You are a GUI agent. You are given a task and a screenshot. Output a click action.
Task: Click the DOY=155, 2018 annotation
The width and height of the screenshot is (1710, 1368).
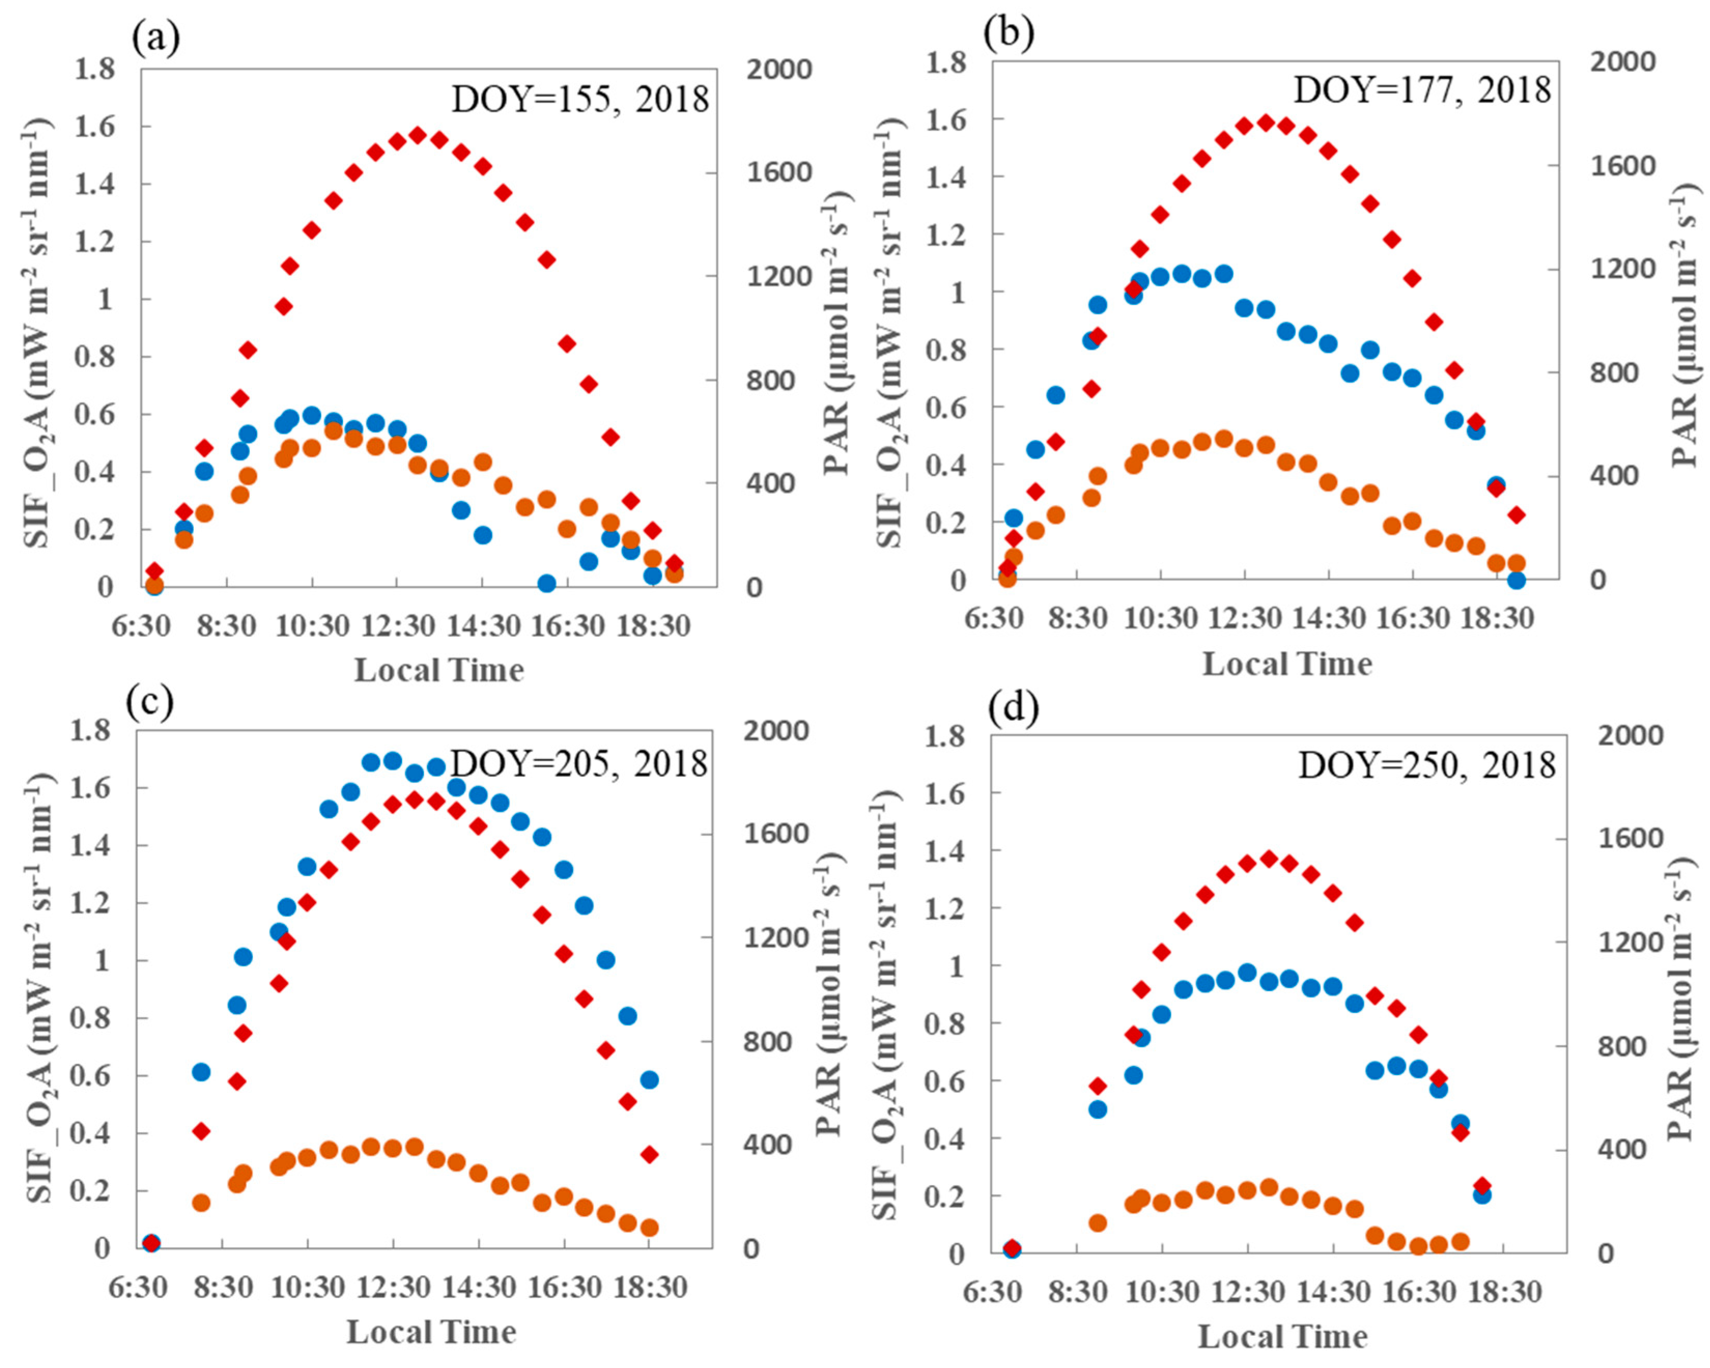click(580, 99)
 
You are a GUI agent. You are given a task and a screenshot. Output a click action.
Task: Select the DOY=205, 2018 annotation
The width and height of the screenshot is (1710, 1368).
click(579, 763)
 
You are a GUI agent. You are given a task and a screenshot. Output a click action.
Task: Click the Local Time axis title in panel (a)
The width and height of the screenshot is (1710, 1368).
click(438, 670)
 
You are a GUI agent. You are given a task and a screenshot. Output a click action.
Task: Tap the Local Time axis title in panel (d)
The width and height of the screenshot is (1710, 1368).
click(1282, 1336)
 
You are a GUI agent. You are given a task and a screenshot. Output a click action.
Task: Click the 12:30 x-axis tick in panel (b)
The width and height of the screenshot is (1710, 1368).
click(1245, 618)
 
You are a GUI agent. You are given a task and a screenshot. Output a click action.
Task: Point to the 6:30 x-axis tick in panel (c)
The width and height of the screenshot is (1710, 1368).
click(138, 1287)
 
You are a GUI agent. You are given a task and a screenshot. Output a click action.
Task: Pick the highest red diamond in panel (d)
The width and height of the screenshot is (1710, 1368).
click(1268, 859)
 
